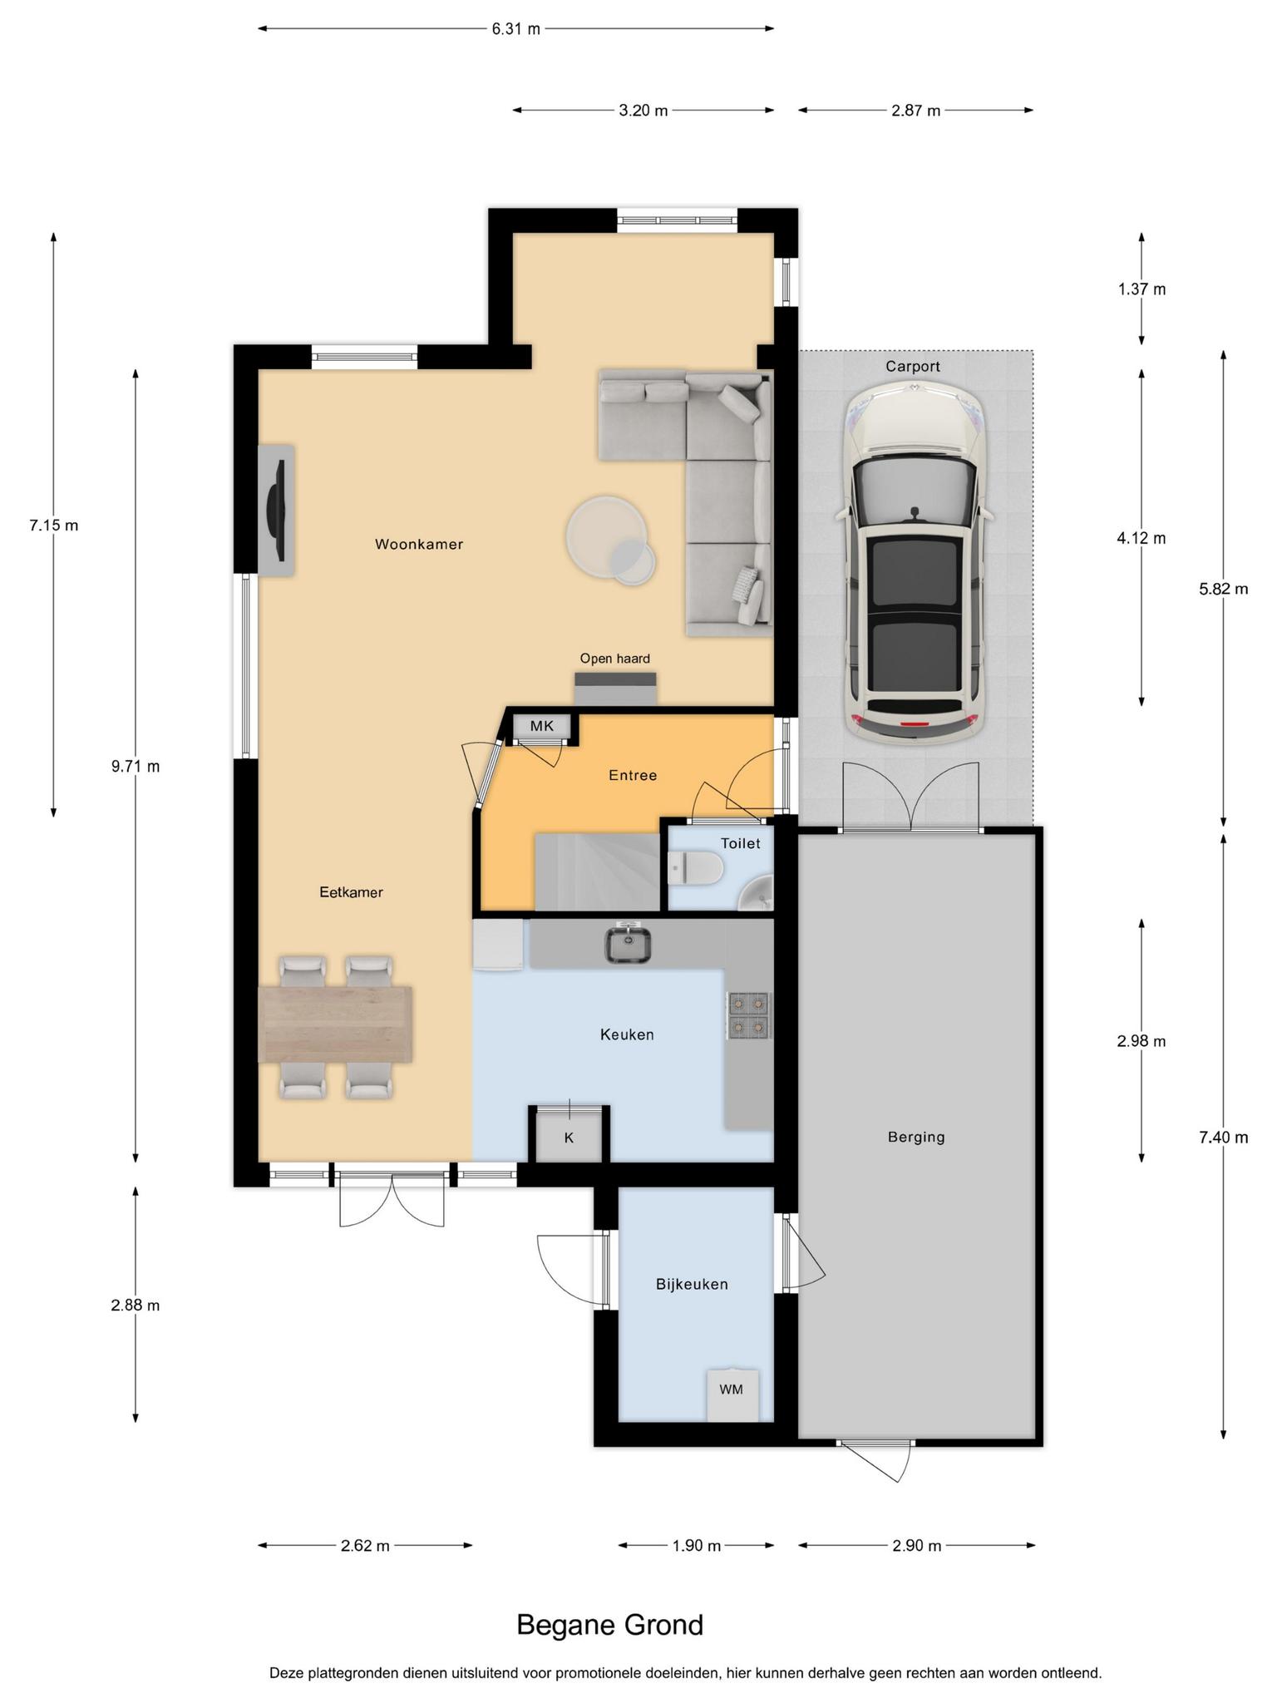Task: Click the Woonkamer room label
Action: [418, 545]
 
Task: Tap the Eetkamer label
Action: [351, 892]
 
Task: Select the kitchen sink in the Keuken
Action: [628, 944]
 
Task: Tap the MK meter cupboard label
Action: [542, 726]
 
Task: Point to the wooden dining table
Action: [336, 1024]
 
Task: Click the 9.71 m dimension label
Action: [136, 766]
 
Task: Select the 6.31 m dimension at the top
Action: [515, 29]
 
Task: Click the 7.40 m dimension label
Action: [1223, 1138]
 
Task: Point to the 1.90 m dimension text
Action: [697, 1546]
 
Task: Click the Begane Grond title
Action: [609, 1625]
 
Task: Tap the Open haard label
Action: [615, 659]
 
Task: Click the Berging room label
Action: [916, 1138]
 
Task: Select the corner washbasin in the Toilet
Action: [758, 894]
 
